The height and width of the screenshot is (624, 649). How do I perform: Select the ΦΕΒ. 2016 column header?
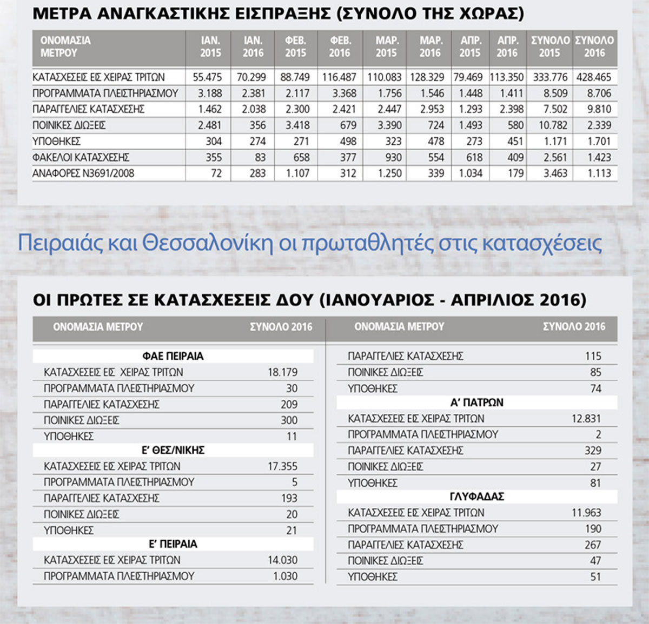pyautogui.click(x=340, y=47)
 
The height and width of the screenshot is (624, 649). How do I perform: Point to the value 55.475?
pyautogui.click(x=207, y=77)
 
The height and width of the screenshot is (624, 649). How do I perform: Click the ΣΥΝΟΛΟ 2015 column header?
pyautogui.click(x=550, y=47)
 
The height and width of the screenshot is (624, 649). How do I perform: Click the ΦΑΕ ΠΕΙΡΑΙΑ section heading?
pyautogui.click(x=173, y=357)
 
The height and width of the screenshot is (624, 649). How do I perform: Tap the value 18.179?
pyautogui.click(x=282, y=372)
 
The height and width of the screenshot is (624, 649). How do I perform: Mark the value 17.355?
pyautogui.click(x=282, y=466)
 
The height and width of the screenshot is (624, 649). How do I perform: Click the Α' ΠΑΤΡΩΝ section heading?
pyautogui.click(x=476, y=403)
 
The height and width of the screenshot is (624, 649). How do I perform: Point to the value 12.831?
pyautogui.click(x=586, y=419)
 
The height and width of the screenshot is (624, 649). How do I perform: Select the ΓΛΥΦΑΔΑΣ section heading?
pyautogui.click(x=476, y=496)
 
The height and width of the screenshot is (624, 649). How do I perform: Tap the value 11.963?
pyautogui.click(x=586, y=513)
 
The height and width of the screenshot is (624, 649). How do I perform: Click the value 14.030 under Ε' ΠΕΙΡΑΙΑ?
pyautogui.click(x=282, y=560)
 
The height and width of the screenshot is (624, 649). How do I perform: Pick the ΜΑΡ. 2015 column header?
pyautogui.click(x=387, y=47)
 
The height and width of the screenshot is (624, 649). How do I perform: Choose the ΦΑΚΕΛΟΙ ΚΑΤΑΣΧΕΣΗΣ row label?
pyautogui.click(x=81, y=157)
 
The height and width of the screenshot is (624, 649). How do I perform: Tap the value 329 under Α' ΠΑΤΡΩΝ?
pyautogui.click(x=593, y=451)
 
